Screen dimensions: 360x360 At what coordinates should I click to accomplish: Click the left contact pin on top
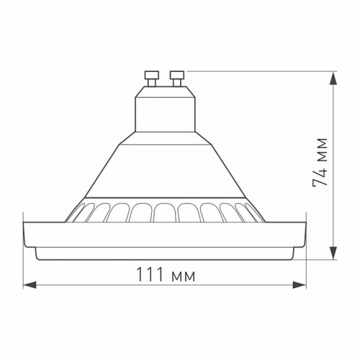pos(152,76)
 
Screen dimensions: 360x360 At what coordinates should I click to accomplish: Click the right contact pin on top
pos(176,76)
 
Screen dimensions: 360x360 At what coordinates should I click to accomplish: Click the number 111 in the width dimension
pos(149,275)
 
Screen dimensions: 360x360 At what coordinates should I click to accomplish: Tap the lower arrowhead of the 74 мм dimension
pos(333,253)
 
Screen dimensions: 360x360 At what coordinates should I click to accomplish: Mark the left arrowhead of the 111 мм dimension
pos(29,286)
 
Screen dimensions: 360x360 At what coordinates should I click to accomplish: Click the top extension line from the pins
pos(259,71)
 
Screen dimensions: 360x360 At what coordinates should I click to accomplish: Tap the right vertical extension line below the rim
pos(306,266)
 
